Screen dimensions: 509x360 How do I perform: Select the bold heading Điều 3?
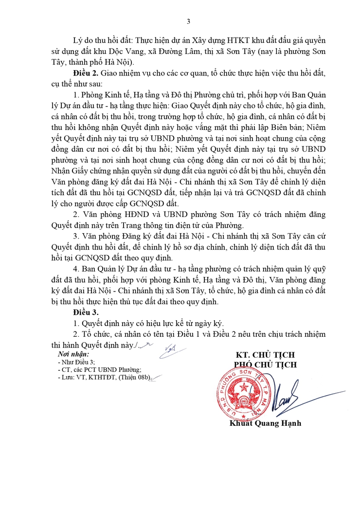(x=86, y=311)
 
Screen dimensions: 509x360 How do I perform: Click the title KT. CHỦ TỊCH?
(x=265, y=355)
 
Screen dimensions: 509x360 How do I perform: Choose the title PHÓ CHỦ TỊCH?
(x=265, y=364)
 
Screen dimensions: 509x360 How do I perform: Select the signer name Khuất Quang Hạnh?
(x=265, y=423)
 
